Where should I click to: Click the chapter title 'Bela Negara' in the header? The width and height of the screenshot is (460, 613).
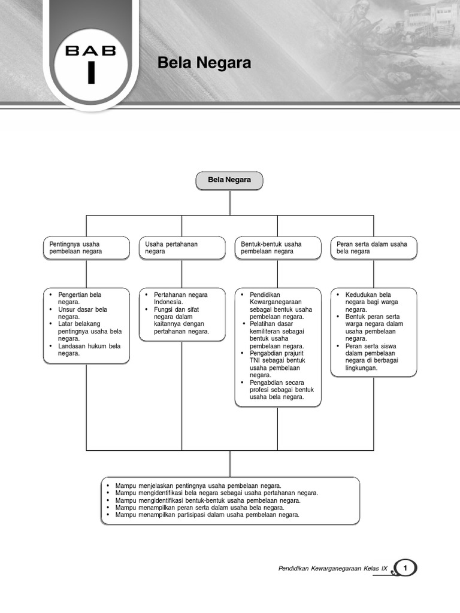[204, 63]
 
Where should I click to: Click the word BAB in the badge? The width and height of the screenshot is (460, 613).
[91, 51]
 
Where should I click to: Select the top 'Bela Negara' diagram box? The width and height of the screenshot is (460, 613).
[229, 180]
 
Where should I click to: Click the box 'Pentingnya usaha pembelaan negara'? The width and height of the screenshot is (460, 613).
[86, 248]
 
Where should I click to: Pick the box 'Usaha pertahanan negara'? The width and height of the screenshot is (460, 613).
[182, 248]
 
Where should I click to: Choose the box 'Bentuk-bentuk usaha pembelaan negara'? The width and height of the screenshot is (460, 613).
[278, 248]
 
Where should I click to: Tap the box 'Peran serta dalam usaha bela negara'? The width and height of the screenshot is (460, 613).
[374, 248]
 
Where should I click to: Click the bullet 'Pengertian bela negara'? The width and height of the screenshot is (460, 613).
[80, 298]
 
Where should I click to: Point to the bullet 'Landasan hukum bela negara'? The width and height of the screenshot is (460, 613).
[89, 350]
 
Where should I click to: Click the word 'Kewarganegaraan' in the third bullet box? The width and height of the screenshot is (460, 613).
[276, 302]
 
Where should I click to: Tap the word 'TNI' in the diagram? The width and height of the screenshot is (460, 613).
[256, 361]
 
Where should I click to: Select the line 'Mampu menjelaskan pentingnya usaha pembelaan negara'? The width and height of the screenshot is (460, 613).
[198, 485]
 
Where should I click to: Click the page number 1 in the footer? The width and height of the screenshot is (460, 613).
[407, 568]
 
